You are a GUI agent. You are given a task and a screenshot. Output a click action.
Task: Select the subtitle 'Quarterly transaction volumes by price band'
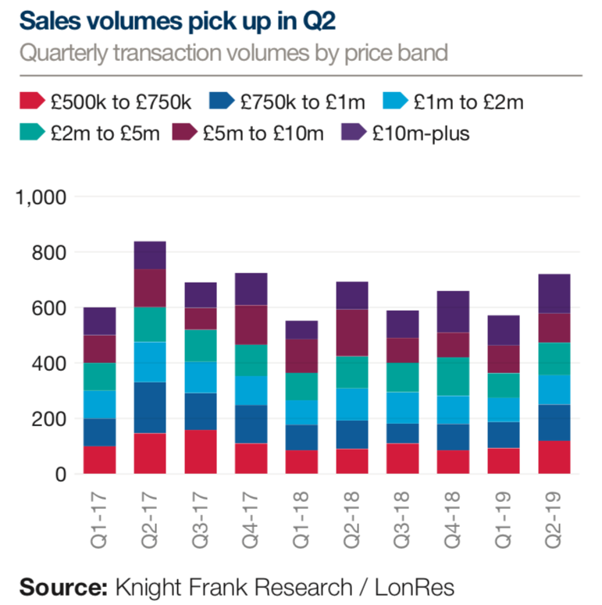[233, 54]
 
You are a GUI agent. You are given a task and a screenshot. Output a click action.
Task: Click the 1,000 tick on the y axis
[41, 197]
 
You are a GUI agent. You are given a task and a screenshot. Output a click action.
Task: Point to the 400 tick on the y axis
[51, 364]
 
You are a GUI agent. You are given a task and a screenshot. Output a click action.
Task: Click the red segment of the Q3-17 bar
[201, 452]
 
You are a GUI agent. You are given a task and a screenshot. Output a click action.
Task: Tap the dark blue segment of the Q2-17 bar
[150, 407]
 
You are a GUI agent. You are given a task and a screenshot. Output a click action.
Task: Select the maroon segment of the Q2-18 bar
[352, 333]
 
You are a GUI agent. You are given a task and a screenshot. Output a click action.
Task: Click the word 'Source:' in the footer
[62, 585]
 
